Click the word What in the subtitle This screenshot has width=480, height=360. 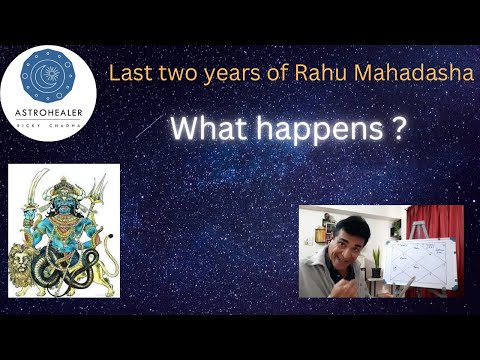click(213, 129)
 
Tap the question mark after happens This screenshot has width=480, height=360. click(398, 129)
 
